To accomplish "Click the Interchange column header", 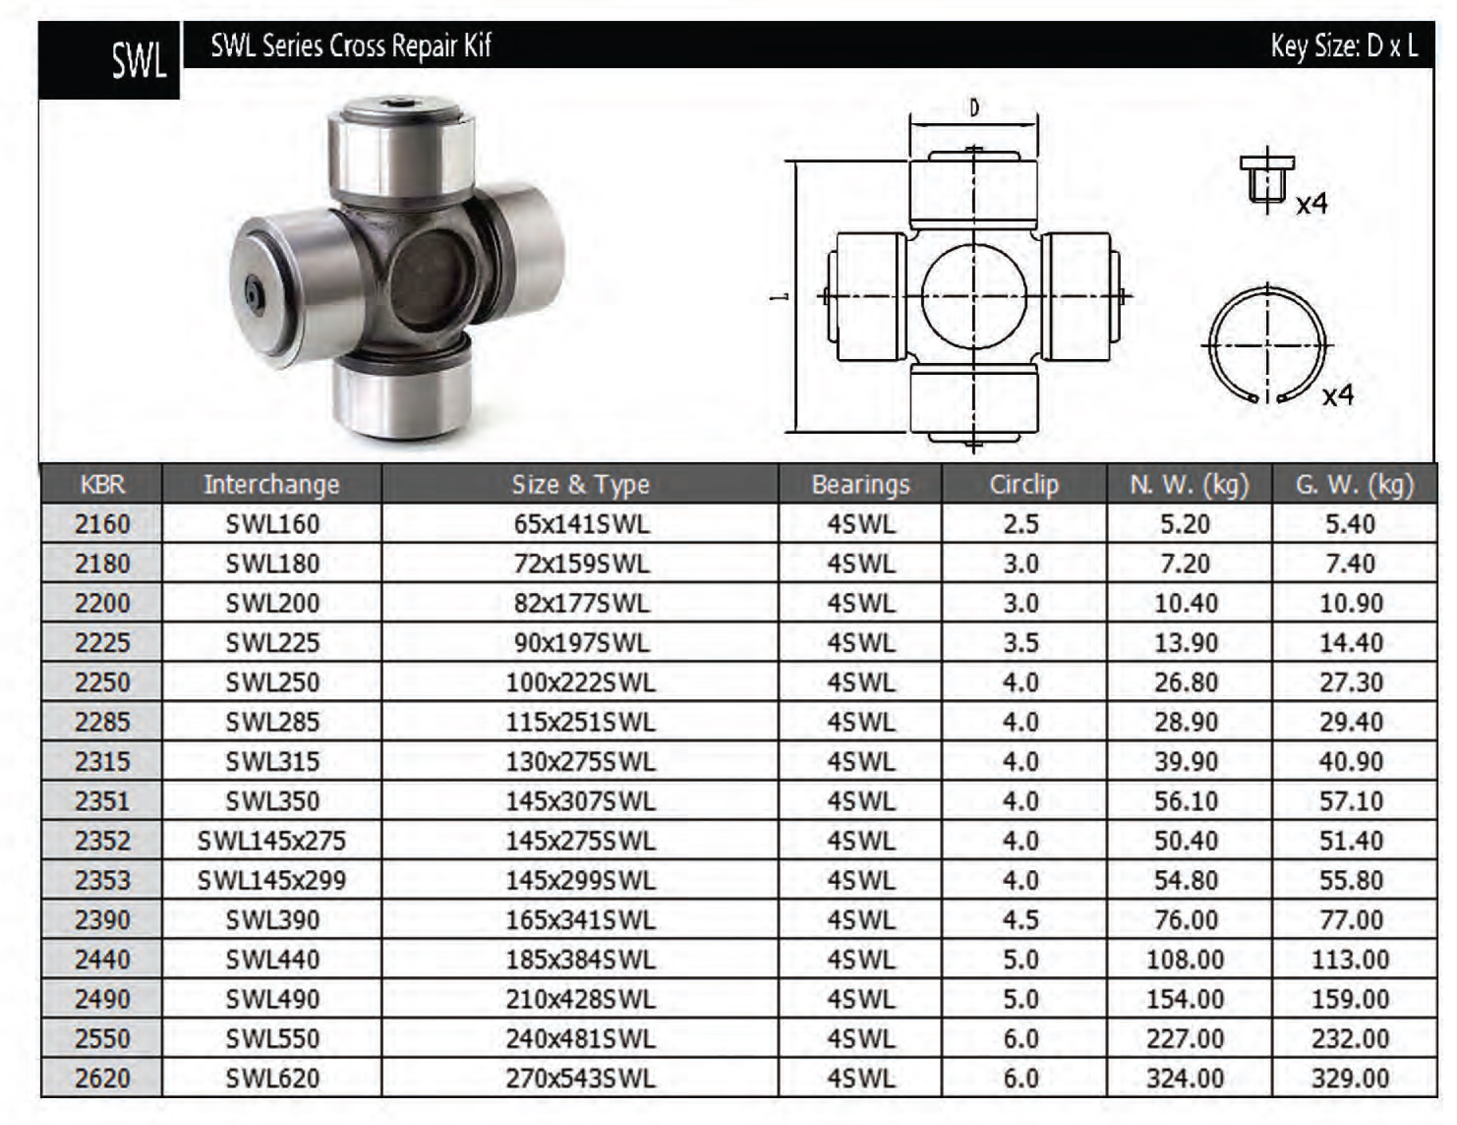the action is [271, 484].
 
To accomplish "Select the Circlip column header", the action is [1024, 484].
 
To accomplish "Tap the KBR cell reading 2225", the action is [102, 643].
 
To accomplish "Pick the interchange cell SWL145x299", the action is [271, 880].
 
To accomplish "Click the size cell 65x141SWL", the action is [581, 524].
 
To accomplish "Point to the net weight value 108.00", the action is [1186, 960].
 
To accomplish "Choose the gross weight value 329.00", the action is [1350, 1078].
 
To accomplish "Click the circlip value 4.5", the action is [1020, 921].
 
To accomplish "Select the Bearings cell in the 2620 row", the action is [861, 1078].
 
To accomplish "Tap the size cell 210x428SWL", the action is [581, 999].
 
